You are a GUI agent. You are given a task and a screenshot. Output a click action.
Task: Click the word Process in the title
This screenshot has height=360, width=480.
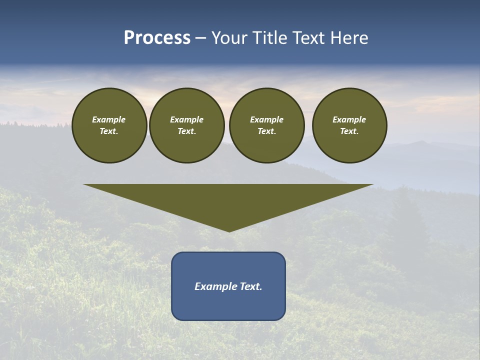[x=157, y=38]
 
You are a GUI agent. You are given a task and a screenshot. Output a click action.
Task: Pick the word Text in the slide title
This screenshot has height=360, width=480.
[x=310, y=38]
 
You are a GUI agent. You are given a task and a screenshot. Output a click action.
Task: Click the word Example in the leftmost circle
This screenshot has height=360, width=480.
[x=109, y=119]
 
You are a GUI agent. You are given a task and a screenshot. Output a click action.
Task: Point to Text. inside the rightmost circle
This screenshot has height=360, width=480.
[x=349, y=131]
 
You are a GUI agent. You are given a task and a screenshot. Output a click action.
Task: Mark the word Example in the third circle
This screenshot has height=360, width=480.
[x=266, y=119]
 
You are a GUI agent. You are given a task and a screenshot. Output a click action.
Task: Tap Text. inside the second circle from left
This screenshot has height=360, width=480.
[x=186, y=131]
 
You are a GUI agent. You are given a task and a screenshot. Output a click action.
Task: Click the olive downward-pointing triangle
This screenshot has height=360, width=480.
[x=228, y=200]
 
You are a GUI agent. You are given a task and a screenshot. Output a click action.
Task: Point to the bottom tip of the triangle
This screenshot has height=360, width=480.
[x=228, y=230]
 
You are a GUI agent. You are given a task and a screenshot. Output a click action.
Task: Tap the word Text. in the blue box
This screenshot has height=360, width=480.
[x=251, y=286]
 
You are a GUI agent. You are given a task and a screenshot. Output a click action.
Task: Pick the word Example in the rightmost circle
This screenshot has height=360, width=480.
[x=349, y=119]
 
